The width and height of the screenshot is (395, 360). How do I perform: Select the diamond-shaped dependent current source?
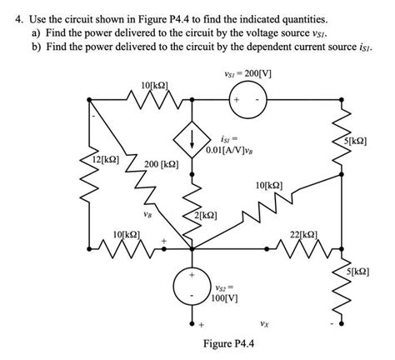tap(192, 137)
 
